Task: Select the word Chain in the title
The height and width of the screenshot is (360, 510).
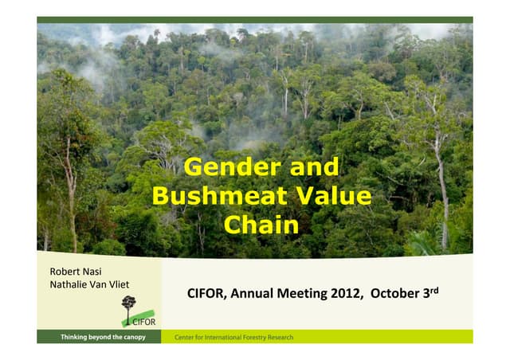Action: click(x=261, y=225)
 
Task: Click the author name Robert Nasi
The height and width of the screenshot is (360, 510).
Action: click(x=76, y=272)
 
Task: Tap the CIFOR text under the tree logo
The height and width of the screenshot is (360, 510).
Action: click(x=143, y=322)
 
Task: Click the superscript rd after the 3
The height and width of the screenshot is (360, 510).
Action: click(x=434, y=291)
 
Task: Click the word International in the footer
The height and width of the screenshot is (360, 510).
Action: click(x=217, y=338)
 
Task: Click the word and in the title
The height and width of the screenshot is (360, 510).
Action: click(x=314, y=167)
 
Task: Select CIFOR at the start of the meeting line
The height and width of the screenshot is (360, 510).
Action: click(x=206, y=295)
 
